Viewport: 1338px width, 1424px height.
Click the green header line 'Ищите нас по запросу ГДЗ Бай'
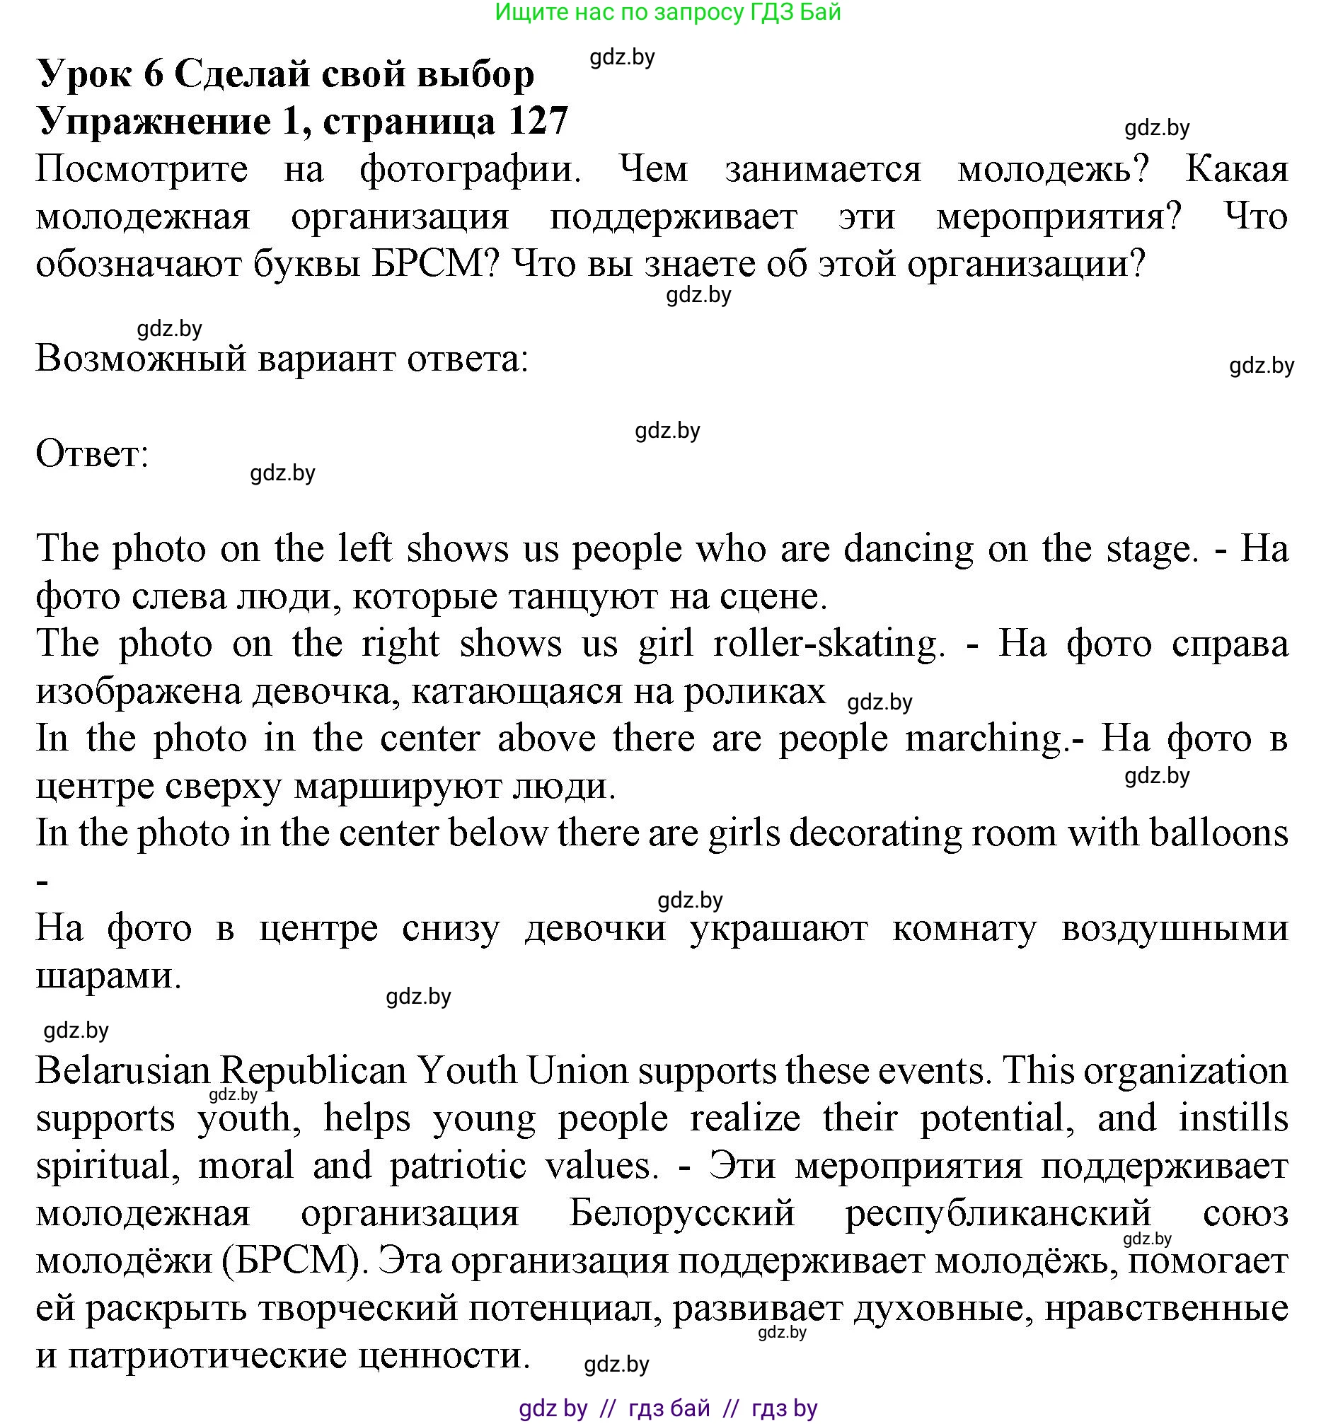(667, 12)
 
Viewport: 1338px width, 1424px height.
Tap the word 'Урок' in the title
(85, 74)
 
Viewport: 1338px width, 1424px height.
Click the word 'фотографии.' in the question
(470, 170)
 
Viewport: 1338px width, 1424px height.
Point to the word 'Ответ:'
(93, 454)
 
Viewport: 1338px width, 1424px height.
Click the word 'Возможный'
(141, 358)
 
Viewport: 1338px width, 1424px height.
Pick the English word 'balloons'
(1218, 833)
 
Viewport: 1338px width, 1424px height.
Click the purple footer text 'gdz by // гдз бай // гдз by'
(667, 1408)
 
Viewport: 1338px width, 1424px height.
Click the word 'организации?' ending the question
(1027, 265)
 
